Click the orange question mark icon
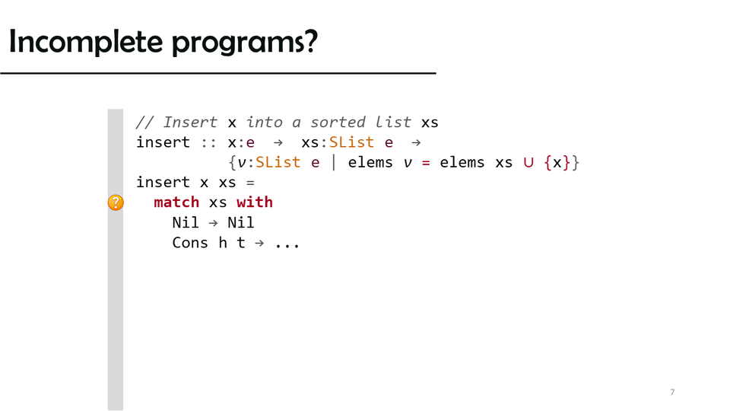116,202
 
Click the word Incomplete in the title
86,41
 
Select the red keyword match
176,202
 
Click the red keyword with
255,202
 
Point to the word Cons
190,243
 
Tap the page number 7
672,392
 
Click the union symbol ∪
528,163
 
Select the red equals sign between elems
426,163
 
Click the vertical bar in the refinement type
333,162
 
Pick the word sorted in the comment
338,122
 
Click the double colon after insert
208,143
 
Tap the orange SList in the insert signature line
351,142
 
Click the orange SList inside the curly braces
278,162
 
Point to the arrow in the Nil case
213,223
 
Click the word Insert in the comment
190,122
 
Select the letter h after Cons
223,243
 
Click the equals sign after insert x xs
250,183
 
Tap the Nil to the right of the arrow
241,223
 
